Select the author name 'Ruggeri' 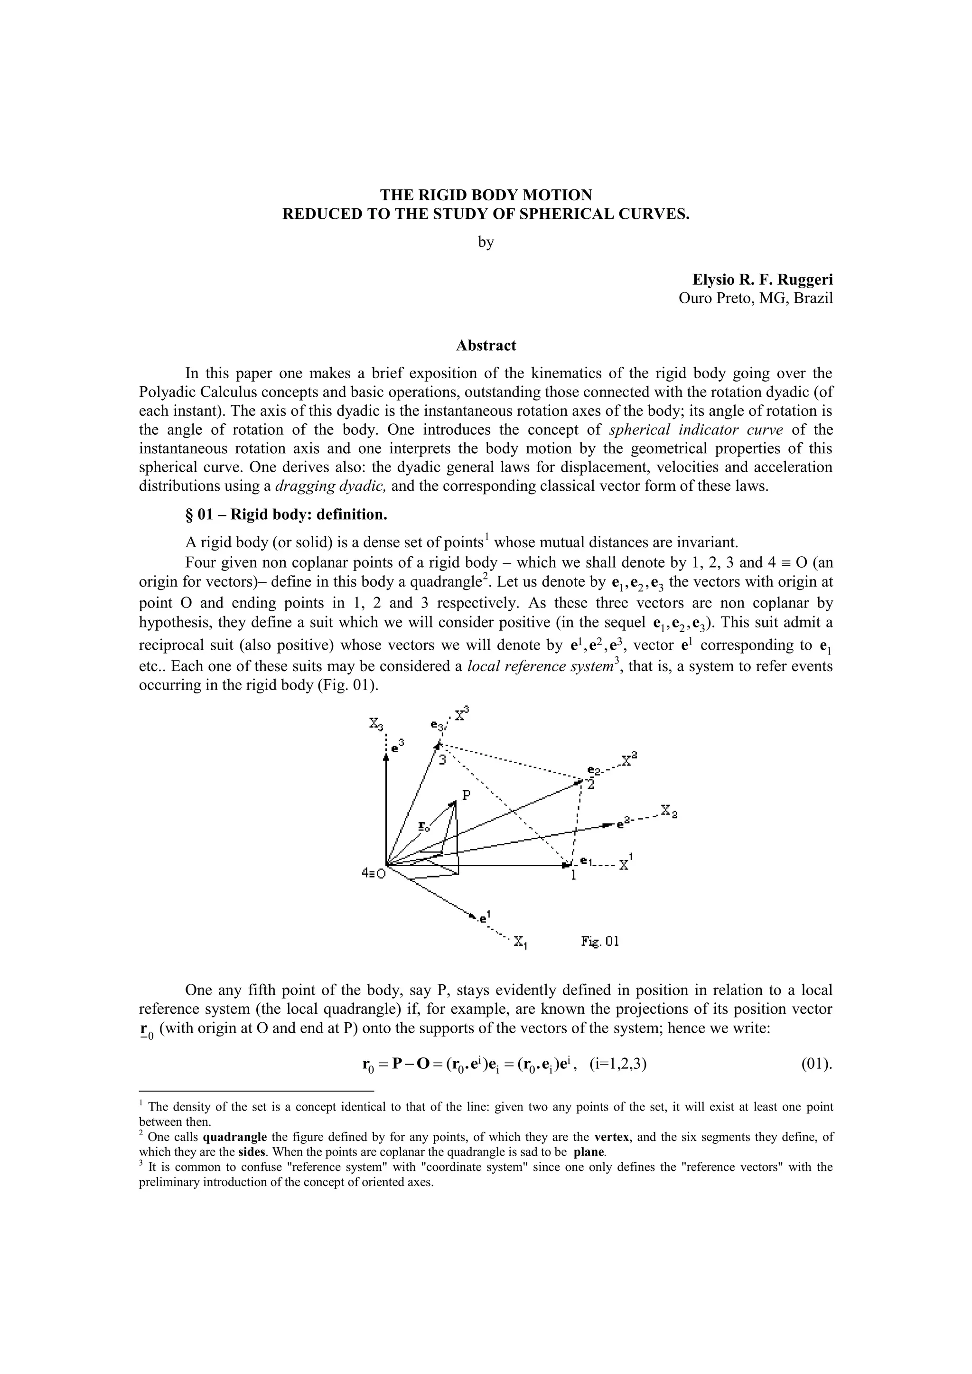805,280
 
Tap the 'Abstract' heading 486,346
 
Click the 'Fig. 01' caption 600,941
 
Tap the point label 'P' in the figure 466,795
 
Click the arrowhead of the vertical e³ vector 387,757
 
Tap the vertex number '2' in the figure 591,785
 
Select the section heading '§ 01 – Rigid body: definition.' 286,514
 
